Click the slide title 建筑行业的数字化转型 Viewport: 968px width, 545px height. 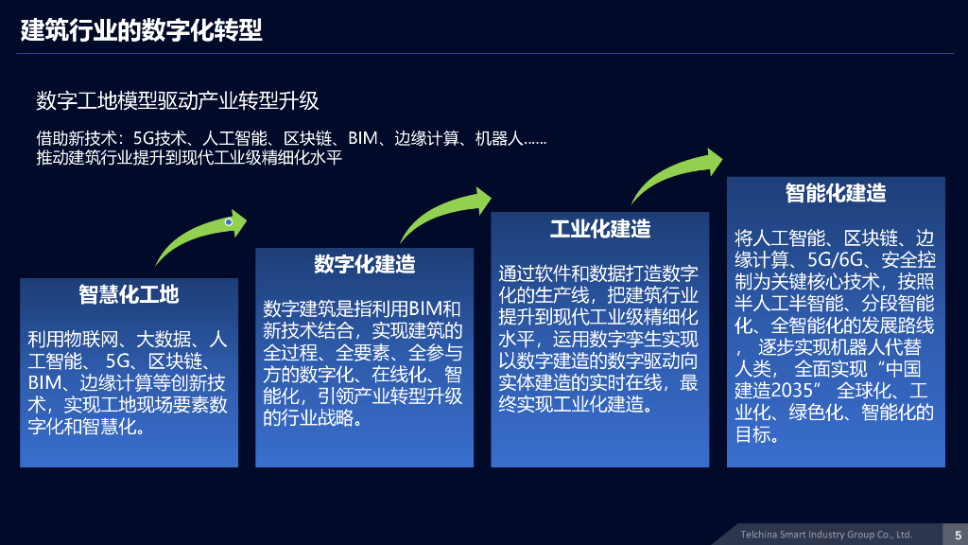(x=142, y=30)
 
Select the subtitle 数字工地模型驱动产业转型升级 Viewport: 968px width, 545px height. (x=178, y=100)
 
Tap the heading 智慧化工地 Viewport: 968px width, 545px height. (x=129, y=294)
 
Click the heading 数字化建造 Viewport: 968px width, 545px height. (x=364, y=264)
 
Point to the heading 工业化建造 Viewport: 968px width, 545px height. (x=600, y=229)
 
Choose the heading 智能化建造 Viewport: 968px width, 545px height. (x=836, y=193)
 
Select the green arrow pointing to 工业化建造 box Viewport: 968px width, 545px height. (x=444, y=212)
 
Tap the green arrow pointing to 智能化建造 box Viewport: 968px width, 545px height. (x=677, y=174)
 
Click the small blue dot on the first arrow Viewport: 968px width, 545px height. (x=229, y=222)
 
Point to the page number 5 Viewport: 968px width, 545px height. (x=958, y=535)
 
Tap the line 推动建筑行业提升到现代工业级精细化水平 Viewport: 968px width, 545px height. (x=188, y=158)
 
